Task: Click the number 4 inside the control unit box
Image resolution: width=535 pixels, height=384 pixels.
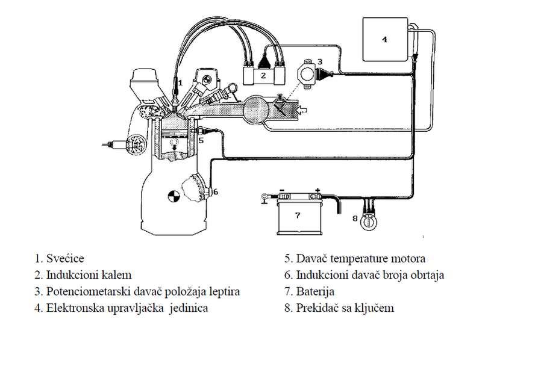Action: point(384,39)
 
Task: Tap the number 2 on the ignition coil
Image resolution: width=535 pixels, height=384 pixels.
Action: point(263,75)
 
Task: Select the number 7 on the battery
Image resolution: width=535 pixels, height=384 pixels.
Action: point(298,215)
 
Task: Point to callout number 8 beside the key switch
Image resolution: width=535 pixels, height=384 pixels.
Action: point(355,218)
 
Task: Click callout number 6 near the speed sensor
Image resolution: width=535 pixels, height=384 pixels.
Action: point(215,192)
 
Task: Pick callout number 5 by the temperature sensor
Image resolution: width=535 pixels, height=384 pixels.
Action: point(201,140)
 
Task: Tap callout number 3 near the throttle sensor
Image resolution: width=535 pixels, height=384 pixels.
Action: point(320,61)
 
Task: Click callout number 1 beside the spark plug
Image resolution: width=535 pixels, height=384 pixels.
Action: point(181,82)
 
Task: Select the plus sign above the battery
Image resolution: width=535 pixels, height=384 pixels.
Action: point(318,190)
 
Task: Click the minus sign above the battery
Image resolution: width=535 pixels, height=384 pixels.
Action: point(282,190)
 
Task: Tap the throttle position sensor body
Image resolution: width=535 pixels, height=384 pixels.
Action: point(307,74)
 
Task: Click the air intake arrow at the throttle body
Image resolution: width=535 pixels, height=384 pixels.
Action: point(302,110)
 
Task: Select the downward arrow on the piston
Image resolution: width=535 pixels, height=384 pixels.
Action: point(174,147)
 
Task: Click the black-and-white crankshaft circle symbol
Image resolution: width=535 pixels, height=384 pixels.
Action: point(174,196)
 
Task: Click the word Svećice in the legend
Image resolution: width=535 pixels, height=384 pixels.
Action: point(65,259)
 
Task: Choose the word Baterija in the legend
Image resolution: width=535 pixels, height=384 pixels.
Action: point(315,292)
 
